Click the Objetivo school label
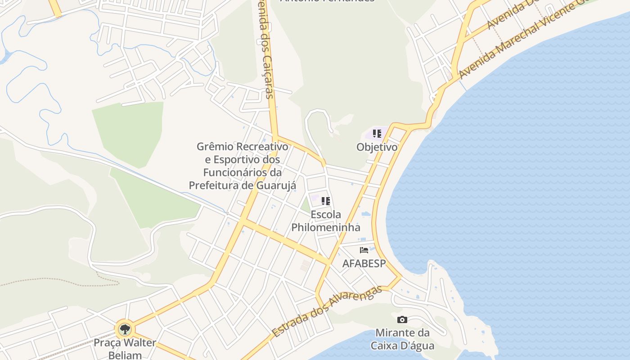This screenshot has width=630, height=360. (x=377, y=147)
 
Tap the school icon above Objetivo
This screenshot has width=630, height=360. (x=377, y=134)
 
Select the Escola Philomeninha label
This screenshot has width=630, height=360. (x=326, y=221)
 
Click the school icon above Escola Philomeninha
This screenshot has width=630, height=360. (x=326, y=201)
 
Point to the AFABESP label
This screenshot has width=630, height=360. (x=364, y=263)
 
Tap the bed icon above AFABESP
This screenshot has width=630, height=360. (x=364, y=250)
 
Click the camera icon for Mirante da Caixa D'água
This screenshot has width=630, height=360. (x=402, y=320)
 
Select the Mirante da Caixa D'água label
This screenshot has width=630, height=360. (x=402, y=339)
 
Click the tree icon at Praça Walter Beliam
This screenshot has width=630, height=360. (x=125, y=329)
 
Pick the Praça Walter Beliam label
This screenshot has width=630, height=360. (x=125, y=348)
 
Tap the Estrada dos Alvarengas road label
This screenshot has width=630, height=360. (x=327, y=311)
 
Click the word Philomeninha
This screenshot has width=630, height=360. (x=326, y=227)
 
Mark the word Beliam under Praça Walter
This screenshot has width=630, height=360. (x=125, y=355)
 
